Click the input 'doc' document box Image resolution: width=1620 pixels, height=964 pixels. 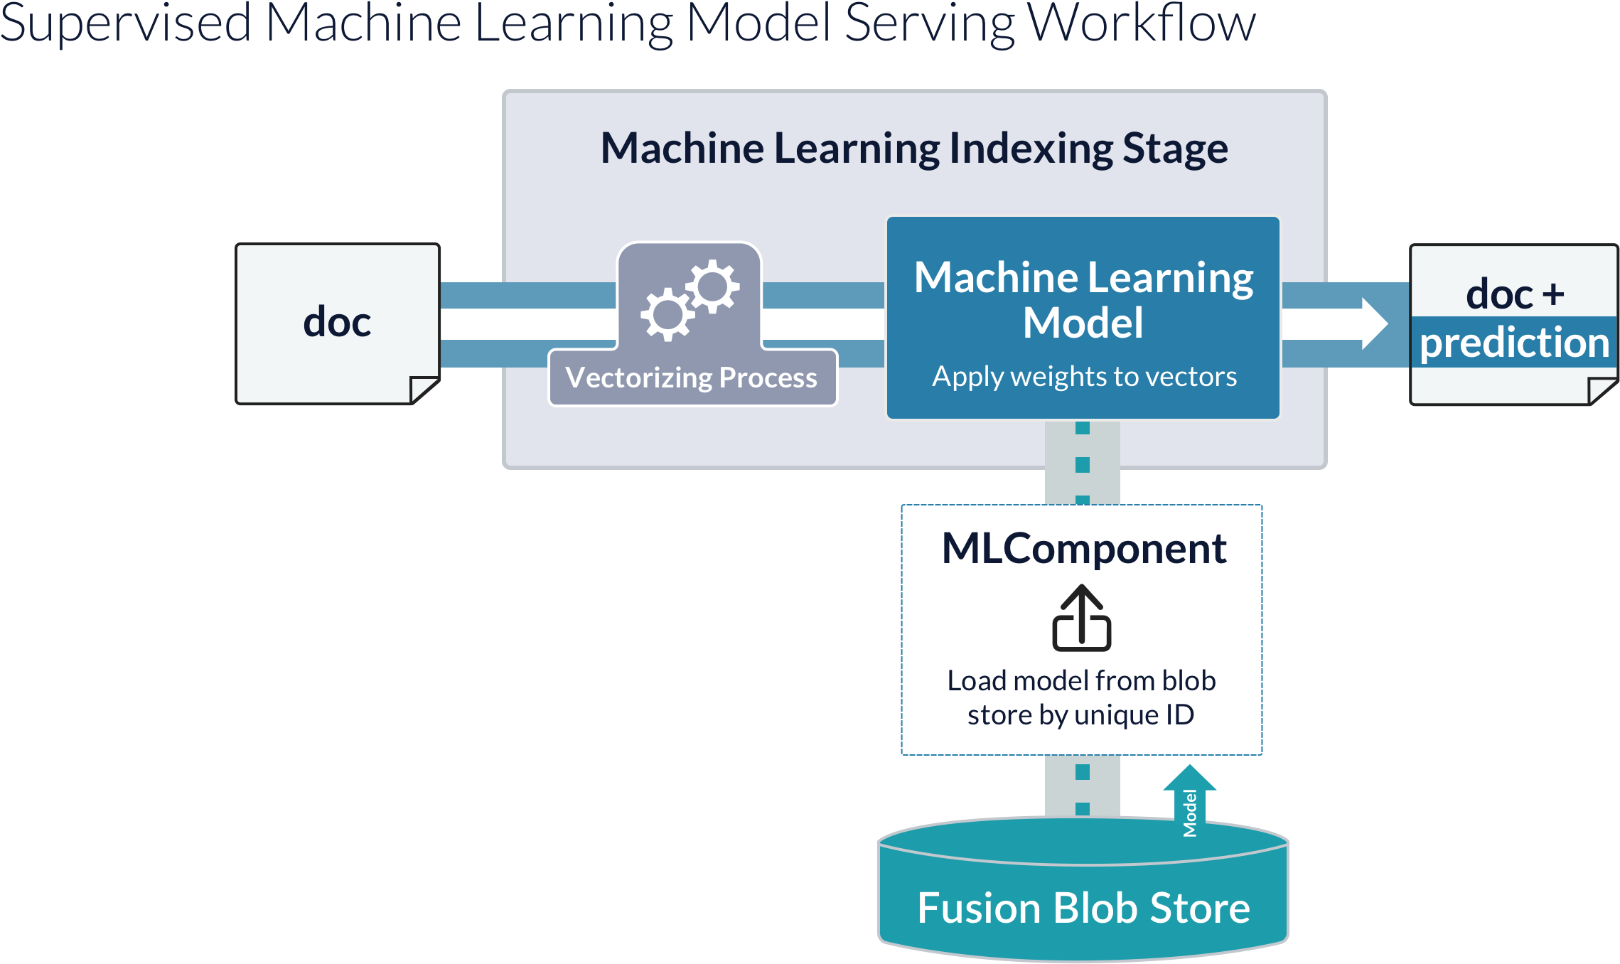pos(337,323)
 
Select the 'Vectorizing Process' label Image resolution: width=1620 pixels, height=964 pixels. pos(692,378)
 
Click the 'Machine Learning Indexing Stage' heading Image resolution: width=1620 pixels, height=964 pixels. pos(914,149)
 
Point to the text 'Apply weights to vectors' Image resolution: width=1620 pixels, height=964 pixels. pos(1084,377)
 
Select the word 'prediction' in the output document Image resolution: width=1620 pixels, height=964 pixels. pos(1514,343)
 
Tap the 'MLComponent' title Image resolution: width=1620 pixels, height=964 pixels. pos(1083,549)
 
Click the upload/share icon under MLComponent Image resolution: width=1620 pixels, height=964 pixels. pos(1081,618)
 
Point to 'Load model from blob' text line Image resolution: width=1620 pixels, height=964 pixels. pos(1081,681)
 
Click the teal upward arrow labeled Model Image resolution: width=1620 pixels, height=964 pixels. pos(1189,800)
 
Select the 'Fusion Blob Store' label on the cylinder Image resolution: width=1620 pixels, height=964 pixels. pos(1083,909)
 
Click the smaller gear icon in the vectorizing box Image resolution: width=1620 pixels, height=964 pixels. pos(713,286)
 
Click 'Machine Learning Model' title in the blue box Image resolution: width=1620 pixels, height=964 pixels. pos(1083,299)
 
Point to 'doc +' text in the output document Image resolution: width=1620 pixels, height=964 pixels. pos(1514,294)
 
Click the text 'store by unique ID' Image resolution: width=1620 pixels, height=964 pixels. pos(1080,715)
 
